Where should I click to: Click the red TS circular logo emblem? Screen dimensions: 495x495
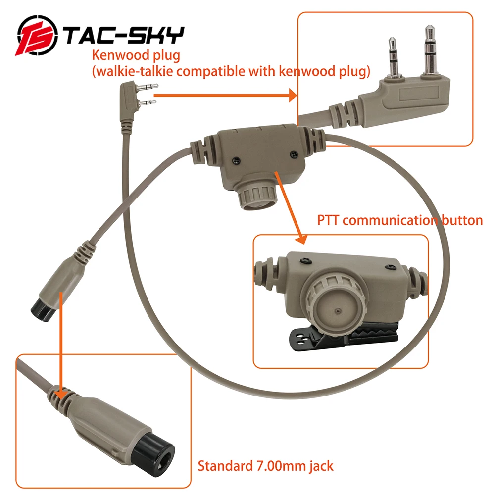pyautogui.click(x=37, y=36)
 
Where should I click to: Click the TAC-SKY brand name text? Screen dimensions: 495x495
pyautogui.click(x=124, y=35)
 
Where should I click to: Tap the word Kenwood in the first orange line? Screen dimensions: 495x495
pyautogui.click(x=120, y=55)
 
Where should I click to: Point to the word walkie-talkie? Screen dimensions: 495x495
pyautogui.click(x=135, y=71)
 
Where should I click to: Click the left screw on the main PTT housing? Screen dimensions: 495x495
pyautogui.click(x=236, y=161)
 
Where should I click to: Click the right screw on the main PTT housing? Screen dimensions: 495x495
pyautogui.click(x=294, y=154)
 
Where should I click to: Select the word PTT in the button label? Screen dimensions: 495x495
pyautogui.click(x=328, y=220)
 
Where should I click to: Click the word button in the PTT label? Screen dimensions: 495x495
pyautogui.click(x=462, y=220)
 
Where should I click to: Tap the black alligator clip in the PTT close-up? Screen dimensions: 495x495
pyautogui.click(x=344, y=337)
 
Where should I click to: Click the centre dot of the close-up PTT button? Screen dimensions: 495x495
pyautogui.click(x=337, y=311)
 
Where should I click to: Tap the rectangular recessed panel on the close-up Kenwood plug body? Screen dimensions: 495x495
pyautogui.click(x=418, y=95)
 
